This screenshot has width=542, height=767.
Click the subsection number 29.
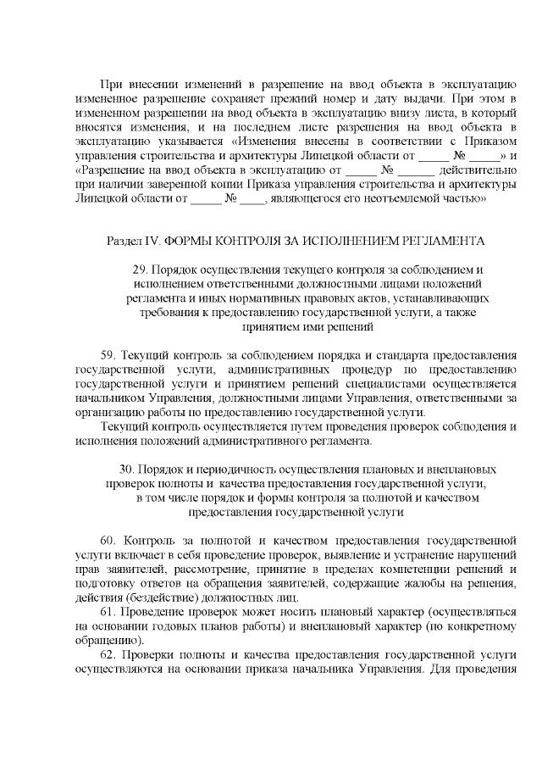click(141, 270)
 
